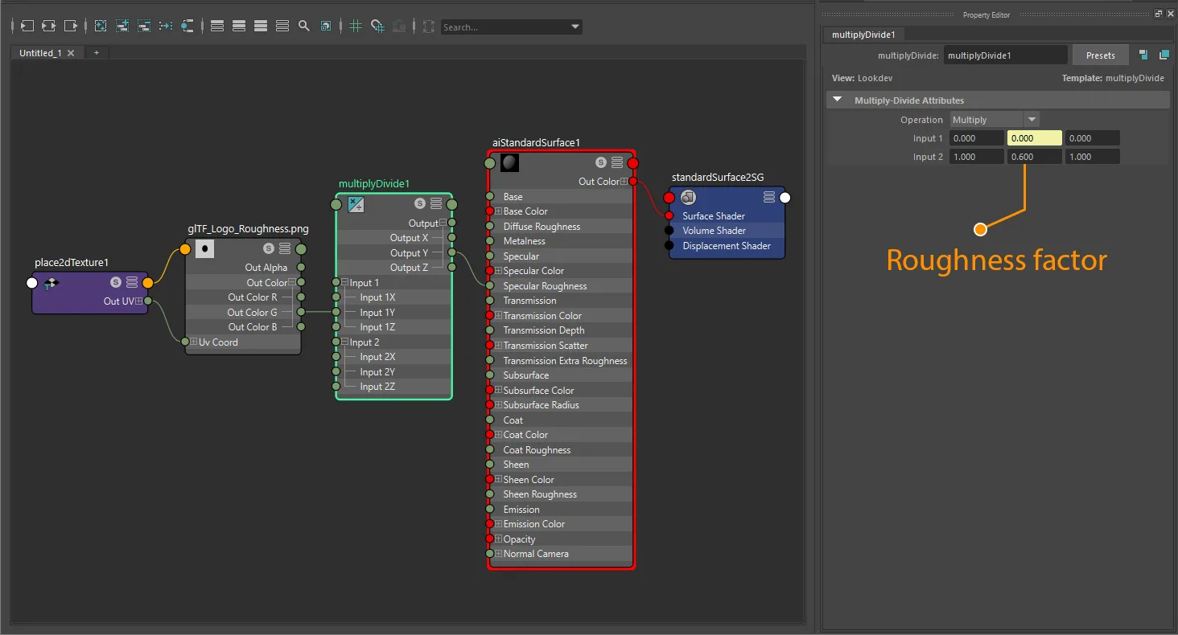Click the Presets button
pos(1100,55)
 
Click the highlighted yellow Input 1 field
pos(1035,138)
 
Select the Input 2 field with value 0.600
pos(1035,157)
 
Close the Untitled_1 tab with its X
pos(71,53)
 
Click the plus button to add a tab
pos(97,52)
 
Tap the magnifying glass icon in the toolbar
pos(304,26)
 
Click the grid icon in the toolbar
pos(356,26)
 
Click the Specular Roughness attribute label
pos(545,285)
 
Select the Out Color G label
pos(252,312)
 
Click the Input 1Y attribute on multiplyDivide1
pos(377,312)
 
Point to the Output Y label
pos(409,252)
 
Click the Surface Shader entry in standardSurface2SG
pos(714,216)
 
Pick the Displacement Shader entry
pos(727,246)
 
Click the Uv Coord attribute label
pos(218,342)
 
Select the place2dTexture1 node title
pos(72,262)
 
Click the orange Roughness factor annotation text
pos(997,260)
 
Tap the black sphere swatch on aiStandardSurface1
pos(509,163)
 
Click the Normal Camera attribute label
pos(536,554)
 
